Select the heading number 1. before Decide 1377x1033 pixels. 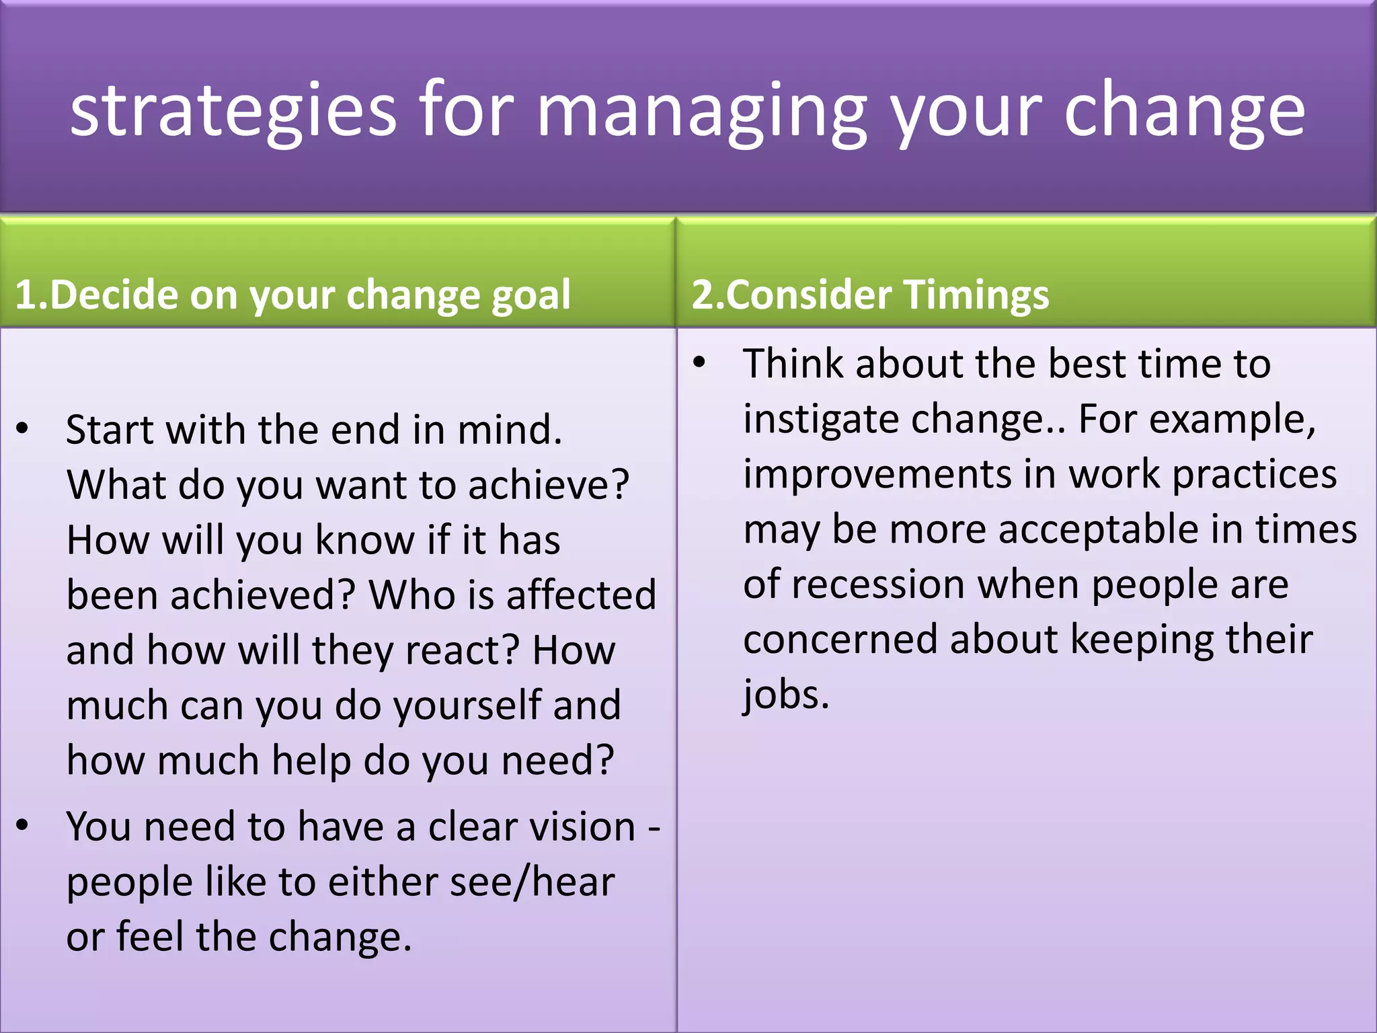coord(31,295)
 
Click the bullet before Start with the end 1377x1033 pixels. coord(23,428)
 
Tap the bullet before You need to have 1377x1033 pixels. coord(23,825)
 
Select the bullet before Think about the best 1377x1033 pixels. coord(699,362)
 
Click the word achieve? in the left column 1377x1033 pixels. coord(548,485)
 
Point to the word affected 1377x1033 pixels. coord(581,595)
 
